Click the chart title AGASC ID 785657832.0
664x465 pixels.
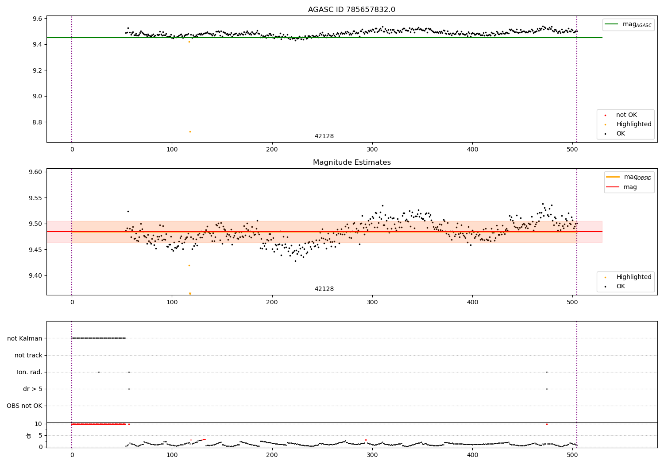[x=351, y=10]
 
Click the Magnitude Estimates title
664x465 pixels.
[x=351, y=163]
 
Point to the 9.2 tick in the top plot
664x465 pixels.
[x=36, y=70]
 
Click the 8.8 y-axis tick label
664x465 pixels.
[x=36, y=122]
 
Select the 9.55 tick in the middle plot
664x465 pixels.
[x=35, y=198]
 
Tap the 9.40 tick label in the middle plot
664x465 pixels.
[x=35, y=275]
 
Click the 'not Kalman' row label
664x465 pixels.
[x=25, y=338]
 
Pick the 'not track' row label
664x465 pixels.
[x=28, y=355]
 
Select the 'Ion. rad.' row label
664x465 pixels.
[x=29, y=372]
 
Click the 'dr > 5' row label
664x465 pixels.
[x=32, y=389]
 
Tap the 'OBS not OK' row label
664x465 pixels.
[x=24, y=406]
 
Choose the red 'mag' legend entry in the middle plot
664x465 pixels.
[x=630, y=187]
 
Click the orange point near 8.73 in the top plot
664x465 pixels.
[x=190, y=132]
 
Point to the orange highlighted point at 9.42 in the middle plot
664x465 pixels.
[x=189, y=265]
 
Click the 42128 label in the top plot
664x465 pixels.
[x=324, y=136]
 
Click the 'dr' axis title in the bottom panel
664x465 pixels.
[x=29, y=435]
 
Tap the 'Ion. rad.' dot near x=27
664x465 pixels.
[x=99, y=372]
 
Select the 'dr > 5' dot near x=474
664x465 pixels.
[x=547, y=389]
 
